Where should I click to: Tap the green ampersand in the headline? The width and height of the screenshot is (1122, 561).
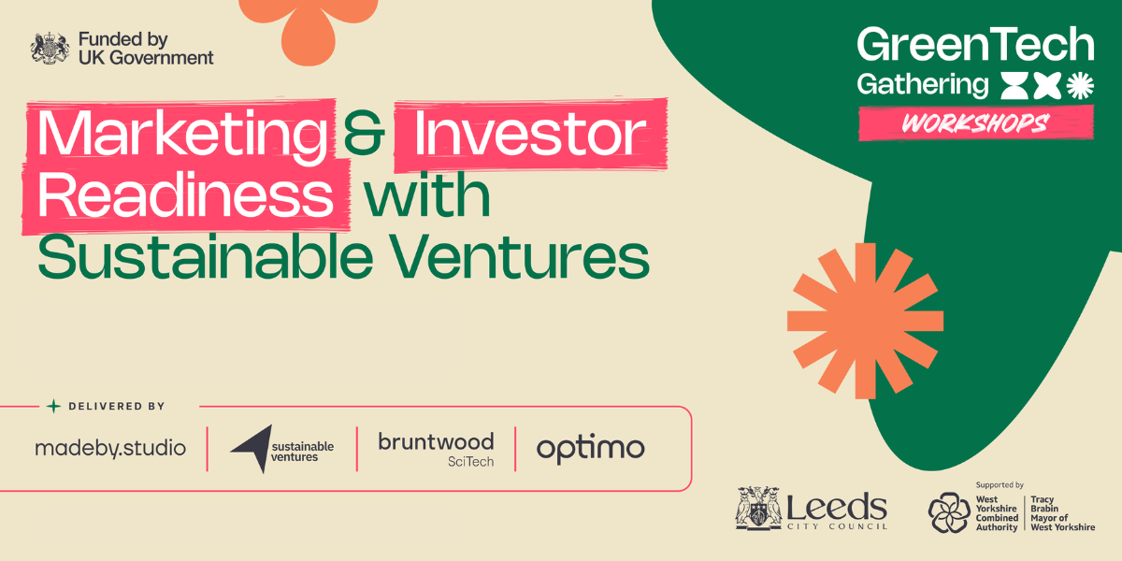364,132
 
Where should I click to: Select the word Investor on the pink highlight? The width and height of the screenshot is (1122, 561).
529,132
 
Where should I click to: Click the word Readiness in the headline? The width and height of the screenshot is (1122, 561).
185,194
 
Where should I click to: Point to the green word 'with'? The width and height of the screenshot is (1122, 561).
426,194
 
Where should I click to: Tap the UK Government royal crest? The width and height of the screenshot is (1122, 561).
49,48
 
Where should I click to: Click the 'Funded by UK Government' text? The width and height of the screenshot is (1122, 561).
146,48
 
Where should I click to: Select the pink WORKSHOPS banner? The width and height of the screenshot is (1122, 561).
975,122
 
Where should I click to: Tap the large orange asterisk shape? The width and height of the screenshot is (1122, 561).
865,321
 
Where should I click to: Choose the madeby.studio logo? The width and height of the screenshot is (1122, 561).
110,447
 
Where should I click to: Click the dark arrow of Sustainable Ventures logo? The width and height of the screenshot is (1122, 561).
253,448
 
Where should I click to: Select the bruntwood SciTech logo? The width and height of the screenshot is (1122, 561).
436,450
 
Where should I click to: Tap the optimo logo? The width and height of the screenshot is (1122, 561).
591,450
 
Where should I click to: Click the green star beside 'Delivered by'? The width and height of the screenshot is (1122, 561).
53,406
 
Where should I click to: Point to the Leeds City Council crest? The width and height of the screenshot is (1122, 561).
758,508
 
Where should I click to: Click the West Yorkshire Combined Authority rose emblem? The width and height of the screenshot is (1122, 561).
949,512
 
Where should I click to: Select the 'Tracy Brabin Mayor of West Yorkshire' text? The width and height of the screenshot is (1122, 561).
1062,513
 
